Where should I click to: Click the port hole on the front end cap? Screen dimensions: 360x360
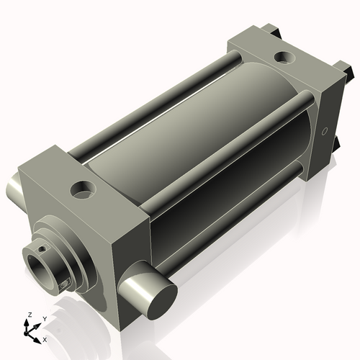click(84, 192)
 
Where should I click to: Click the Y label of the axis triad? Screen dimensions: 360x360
click(44, 318)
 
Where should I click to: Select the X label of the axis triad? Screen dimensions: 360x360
click(45, 338)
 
